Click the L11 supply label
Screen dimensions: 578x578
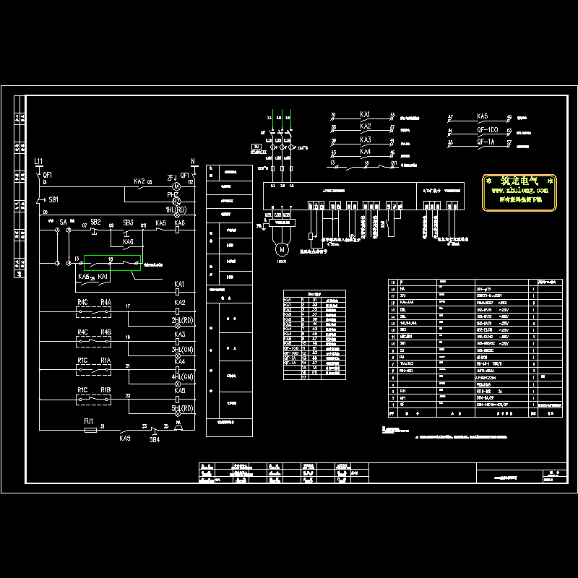(x=39, y=160)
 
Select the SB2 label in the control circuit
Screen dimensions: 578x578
(x=95, y=222)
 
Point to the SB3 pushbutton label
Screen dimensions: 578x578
(x=128, y=222)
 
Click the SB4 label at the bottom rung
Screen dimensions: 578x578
(x=155, y=439)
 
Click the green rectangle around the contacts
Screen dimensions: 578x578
(x=112, y=264)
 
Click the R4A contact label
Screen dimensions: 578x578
(x=106, y=302)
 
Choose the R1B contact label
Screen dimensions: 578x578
(x=106, y=391)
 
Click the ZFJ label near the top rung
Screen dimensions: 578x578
(x=172, y=175)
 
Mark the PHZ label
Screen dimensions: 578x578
(x=172, y=195)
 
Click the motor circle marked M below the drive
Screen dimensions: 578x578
(x=279, y=249)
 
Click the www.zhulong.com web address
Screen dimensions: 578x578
(x=519, y=191)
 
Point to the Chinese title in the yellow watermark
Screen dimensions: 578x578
(x=519, y=181)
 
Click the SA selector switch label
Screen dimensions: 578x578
(x=64, y=222)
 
